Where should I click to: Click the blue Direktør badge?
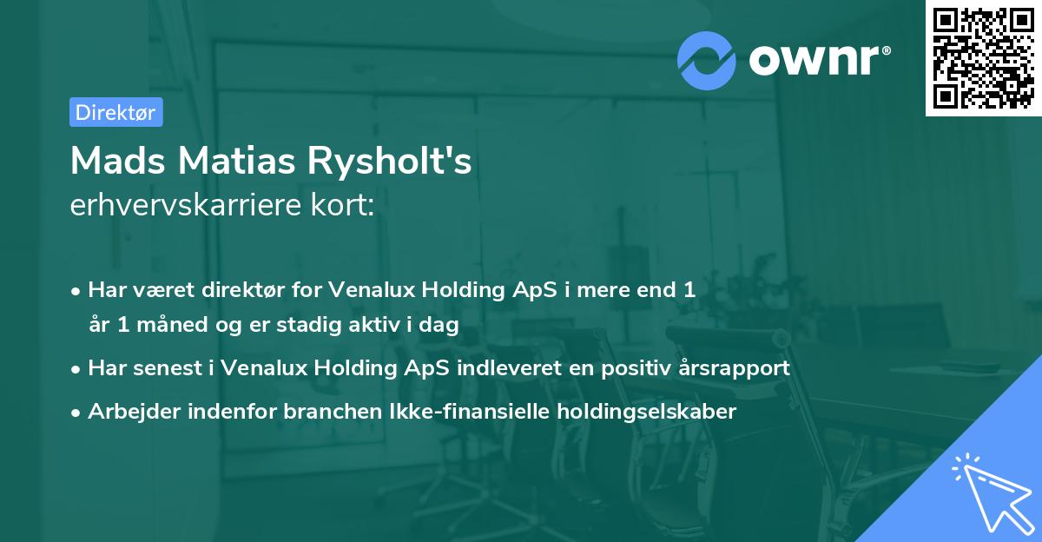(x=115, y=112)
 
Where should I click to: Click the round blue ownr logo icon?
(x=708, y=60)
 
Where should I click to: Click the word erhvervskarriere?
(x=188, y=205)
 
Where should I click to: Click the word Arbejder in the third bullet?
(x=129, y=411)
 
